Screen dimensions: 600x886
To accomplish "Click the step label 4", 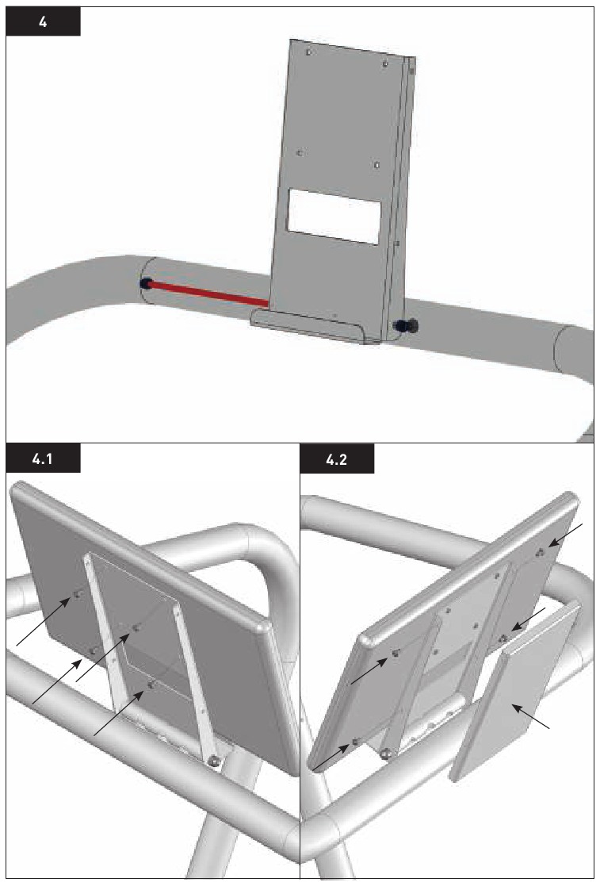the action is (43, 22).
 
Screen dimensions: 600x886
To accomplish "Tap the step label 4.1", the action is (43, 458).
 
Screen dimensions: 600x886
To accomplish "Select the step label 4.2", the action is (336, 458).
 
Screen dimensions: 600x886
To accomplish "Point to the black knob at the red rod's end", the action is (146, 283).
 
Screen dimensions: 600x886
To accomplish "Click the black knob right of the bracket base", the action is (407, 325).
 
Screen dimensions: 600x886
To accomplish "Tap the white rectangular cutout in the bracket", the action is (334, 217).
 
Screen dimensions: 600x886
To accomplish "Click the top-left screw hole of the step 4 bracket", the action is (309, 52).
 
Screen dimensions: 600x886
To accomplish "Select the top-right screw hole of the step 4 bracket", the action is (385, 63).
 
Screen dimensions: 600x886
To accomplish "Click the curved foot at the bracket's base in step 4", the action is (309, 326).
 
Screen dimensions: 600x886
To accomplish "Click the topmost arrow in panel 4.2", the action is (568, 535).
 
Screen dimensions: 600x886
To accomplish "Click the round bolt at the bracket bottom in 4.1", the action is (213, 761).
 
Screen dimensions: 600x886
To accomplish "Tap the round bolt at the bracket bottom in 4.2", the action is (385, 754).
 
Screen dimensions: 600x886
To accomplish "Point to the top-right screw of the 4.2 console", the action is (541, 553).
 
